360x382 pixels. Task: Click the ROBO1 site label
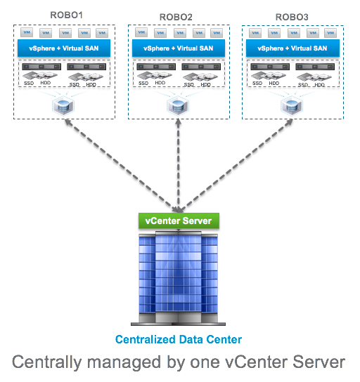pos(66,15)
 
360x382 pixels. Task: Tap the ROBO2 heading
pos(176,17)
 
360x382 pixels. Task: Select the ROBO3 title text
pos(292,17)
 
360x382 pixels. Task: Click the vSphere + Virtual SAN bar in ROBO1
pos(64,48)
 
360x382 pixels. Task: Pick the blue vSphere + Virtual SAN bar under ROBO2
pos(179,48)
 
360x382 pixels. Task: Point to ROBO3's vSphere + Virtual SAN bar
pos(292,48)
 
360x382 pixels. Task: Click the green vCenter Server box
pos(179,220)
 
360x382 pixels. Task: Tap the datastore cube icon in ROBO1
pos(63,106)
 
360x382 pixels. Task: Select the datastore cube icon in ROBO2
pos(178,106)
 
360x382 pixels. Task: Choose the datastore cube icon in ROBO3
pos(292,106)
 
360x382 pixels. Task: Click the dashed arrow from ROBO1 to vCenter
pos(121,166)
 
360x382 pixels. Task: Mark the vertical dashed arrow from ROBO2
pos(179,166)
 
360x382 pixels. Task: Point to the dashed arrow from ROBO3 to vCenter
pos(236,166)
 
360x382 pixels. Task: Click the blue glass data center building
pos(179,278)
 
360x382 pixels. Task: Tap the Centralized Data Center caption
pos(179,339)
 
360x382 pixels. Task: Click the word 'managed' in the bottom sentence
pos(124,362)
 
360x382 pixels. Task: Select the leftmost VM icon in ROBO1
pos(27,32)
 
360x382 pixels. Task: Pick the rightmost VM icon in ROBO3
pos(330,33)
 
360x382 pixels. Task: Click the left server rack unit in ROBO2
pos(156,67)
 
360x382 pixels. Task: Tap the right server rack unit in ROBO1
pos(86,67)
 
